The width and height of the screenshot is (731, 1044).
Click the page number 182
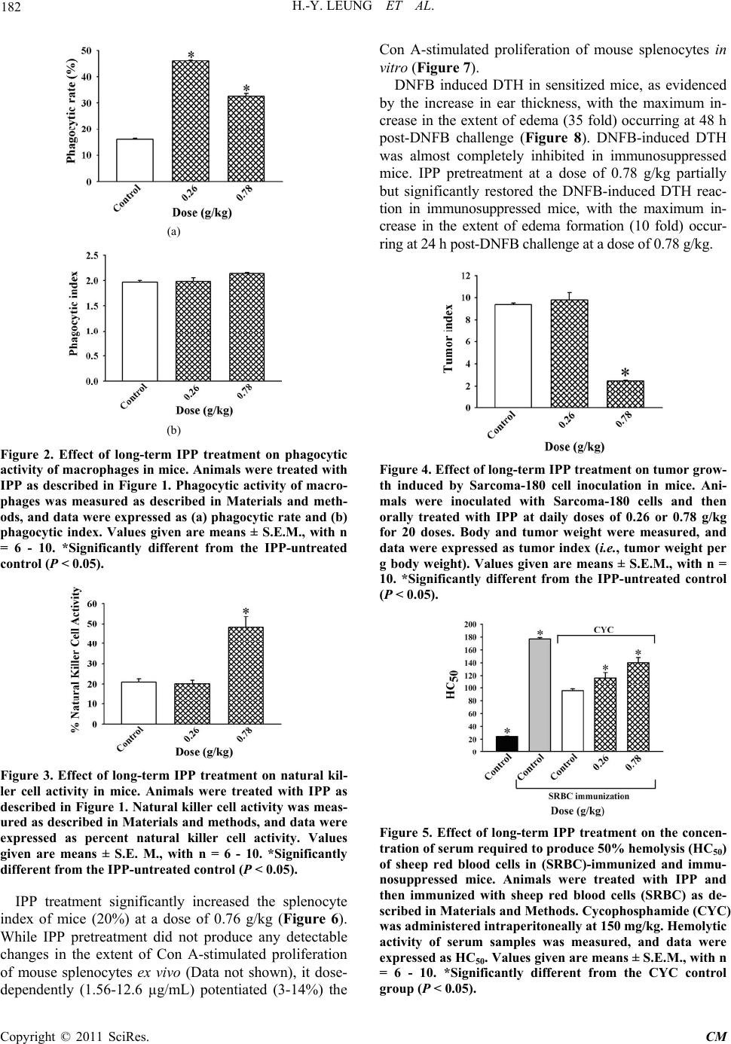tap(15, 9)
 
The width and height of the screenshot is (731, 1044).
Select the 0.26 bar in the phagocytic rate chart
tap(191, 121)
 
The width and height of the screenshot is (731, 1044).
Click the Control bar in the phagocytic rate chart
tap(135, 160)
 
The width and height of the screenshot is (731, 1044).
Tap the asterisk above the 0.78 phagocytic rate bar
tap(246, 89)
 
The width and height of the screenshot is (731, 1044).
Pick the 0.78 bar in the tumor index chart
tap(625, 394)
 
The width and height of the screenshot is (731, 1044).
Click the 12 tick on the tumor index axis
tap(466, 276)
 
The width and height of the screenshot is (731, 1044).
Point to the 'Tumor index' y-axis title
tap(449, 338)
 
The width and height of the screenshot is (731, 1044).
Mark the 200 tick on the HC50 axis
tap(469, 624)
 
